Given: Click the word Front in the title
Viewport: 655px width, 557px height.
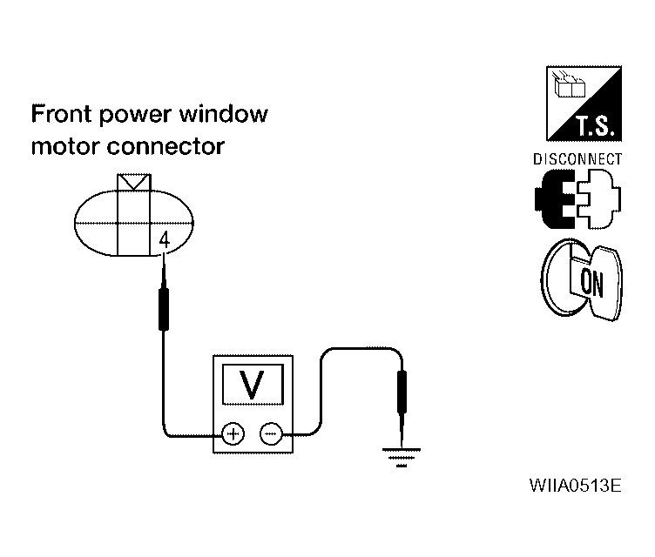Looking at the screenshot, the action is (61, 113).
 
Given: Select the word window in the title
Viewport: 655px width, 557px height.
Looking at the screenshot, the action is (224, 113).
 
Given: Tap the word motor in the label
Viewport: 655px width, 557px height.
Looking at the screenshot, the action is (65, 146).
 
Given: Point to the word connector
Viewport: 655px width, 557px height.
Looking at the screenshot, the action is (165, 146).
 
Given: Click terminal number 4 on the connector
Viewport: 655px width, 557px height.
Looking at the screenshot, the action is (165, 241).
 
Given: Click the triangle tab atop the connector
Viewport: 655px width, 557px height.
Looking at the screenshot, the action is (133, 183).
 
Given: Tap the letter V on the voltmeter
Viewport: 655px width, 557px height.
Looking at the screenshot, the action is (253, 385).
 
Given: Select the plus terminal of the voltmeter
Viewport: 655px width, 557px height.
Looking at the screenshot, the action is (233, 434).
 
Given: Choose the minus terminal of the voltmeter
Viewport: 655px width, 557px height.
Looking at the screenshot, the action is (271, 434).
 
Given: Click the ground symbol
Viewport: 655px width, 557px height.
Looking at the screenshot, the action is (402, 457).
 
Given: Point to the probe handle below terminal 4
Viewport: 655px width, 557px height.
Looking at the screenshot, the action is (164, 309).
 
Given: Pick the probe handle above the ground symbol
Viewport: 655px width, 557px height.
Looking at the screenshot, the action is (402, 392).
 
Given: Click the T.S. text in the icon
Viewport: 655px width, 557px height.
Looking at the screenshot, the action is (596, 125).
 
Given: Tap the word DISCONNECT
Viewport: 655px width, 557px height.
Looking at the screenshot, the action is (577, 159).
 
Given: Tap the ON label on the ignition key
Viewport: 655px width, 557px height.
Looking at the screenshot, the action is (592, 283).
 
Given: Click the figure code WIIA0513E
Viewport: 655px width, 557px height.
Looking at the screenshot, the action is (575, 486).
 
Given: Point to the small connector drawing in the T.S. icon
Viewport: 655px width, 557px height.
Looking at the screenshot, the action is (569, 84).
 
